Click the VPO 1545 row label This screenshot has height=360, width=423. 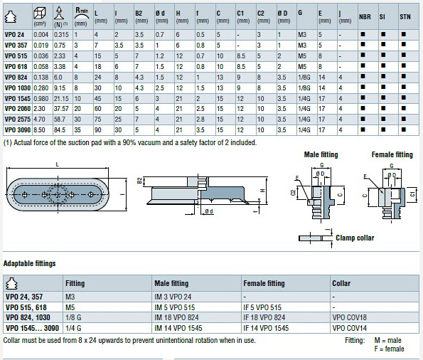coord(18,99)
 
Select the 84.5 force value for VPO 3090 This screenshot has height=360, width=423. coord(60,130)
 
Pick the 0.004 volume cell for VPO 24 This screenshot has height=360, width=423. coord(41,35)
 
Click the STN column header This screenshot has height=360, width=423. coord(405,17)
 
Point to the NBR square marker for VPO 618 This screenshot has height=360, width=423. coord(363,65)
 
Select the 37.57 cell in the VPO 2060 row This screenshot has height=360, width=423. coord(61,109)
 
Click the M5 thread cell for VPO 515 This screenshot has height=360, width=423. coord(302,56)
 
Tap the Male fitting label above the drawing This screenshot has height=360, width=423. coord(321,154)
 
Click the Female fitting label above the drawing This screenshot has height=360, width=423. coord(392,154)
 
